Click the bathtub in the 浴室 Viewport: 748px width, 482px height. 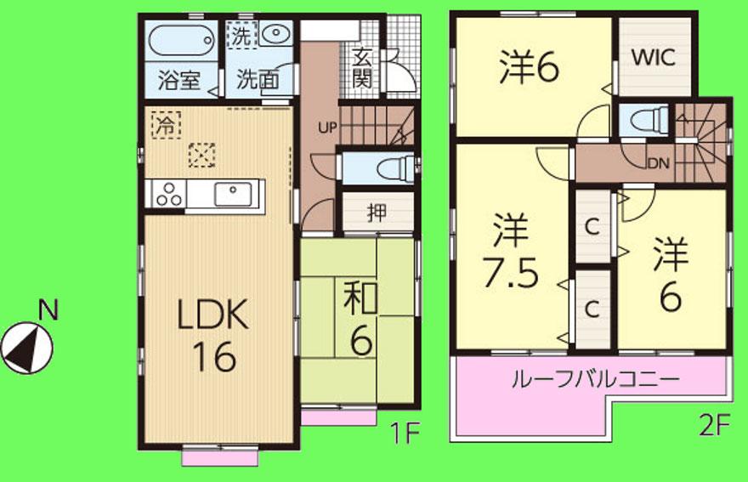[x=180, y=39]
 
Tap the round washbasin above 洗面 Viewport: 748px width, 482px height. [x=275, y=35]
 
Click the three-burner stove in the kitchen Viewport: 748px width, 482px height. [x=168, y=195]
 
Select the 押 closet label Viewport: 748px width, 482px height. [x=377, y=213]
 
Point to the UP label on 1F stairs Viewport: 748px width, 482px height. [x=326, y=128]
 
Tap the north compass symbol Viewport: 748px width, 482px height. [x=27, y=343]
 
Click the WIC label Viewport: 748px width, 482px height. [x=654, y=59]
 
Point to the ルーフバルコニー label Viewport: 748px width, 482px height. [x=595, y=378]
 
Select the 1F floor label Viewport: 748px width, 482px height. [x=406, y=433]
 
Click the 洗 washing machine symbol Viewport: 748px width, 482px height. [x=242, y=36]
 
